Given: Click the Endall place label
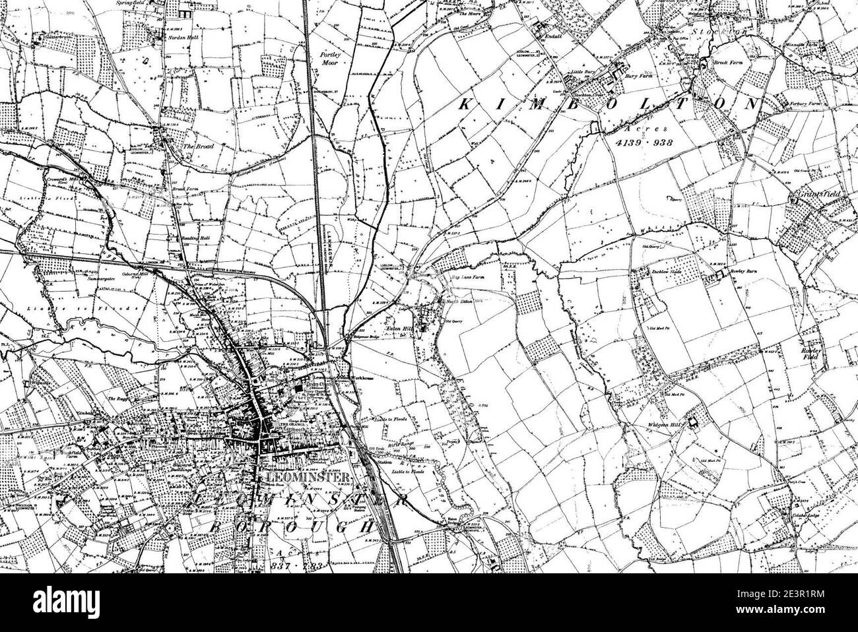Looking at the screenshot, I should click(552, 37).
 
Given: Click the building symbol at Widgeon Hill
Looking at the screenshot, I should click(692, 423).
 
